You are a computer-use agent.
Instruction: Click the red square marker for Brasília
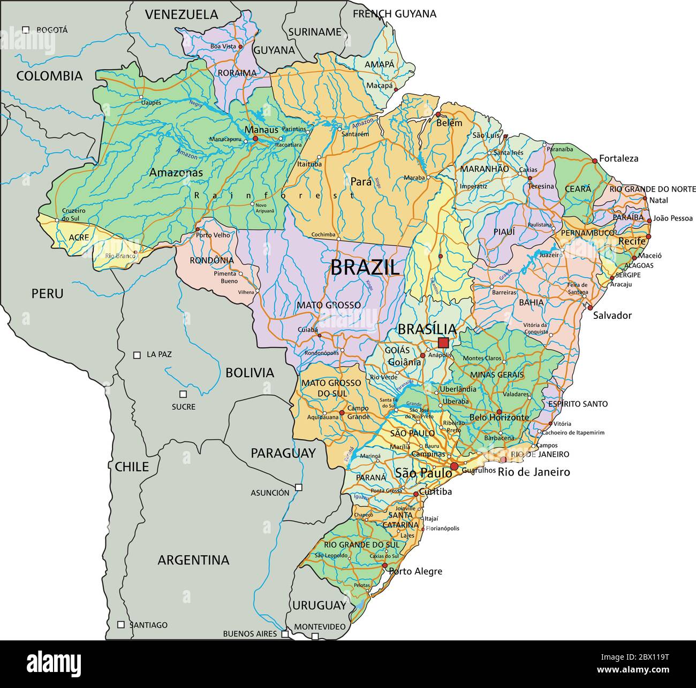click(443, 342)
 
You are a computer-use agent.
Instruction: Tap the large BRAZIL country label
click(365, 267)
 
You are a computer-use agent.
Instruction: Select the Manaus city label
click(261, 129)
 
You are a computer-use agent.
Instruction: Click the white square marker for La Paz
click(137, 355)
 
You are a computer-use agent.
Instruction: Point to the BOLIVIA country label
click(249, 372)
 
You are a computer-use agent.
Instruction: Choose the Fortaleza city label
click(618, 158)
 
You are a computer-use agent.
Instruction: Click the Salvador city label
click(612, 315)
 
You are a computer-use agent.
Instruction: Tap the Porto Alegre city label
click(415, 571)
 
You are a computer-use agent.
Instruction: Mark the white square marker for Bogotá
click(25, 30)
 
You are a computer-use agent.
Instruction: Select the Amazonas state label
click(176, 173)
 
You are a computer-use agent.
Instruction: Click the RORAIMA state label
click(237, 73)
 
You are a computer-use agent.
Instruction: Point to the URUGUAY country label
click(319, 605)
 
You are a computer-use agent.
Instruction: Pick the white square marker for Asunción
click(299, 487)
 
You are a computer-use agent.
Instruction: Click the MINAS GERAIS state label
click(497, 374)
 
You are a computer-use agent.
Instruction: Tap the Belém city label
click(449, 123)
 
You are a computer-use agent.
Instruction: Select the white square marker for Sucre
click(183, 394)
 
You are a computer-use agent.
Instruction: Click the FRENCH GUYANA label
click(394, 14)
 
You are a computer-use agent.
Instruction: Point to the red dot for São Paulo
click(454, 467)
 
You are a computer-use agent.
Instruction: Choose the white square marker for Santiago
click(121, 624)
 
